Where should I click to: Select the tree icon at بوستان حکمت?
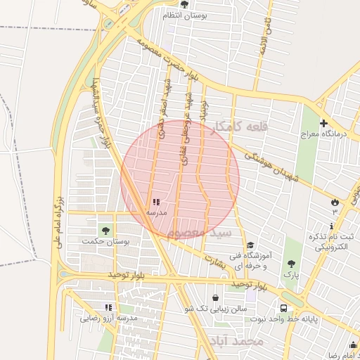point(105,229)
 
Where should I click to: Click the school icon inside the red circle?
point(155,202)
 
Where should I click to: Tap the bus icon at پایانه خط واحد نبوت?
point(284,308)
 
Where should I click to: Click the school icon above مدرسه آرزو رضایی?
point(108,307)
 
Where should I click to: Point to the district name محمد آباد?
point(236,341)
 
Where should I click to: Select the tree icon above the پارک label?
point(291,264)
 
